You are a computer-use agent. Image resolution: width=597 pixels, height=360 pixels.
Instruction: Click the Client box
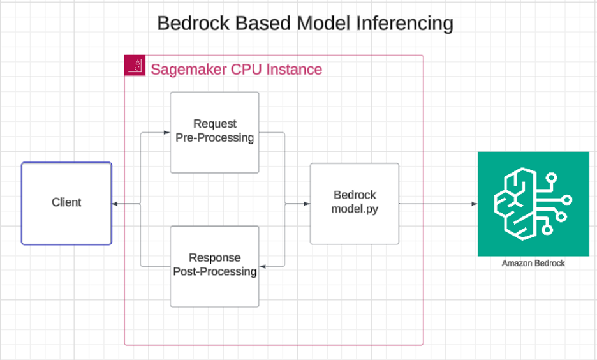point(66,204)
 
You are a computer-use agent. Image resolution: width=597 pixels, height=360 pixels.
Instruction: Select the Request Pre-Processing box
point(215,133)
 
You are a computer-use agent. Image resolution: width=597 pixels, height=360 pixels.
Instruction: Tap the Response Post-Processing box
point(215,266)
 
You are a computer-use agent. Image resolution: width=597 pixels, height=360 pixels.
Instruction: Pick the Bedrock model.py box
point(355,204)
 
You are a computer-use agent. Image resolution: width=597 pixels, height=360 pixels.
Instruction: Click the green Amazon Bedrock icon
point(533,204)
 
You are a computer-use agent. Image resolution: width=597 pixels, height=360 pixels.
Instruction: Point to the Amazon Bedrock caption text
point(533,263)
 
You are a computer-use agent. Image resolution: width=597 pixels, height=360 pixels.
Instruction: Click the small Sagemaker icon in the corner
point(135,65)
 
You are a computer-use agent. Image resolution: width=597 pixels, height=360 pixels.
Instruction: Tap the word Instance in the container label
point(294,70)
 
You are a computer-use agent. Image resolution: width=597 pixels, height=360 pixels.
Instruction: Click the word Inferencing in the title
point(404,24)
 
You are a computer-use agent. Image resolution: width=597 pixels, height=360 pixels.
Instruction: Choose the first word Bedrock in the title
point(193,23)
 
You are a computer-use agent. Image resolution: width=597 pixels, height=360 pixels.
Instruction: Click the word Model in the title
point(323,23)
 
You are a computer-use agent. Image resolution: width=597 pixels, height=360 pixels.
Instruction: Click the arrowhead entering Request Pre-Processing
point(166,133)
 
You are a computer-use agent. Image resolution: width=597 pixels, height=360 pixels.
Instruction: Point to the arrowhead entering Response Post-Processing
point(263,266)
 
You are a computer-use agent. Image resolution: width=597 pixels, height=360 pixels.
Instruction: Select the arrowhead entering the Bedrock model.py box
point(307,204)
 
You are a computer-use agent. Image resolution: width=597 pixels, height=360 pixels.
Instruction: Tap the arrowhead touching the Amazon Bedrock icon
point(475,204)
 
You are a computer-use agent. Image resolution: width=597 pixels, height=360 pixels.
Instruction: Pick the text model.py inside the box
point(355,209)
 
